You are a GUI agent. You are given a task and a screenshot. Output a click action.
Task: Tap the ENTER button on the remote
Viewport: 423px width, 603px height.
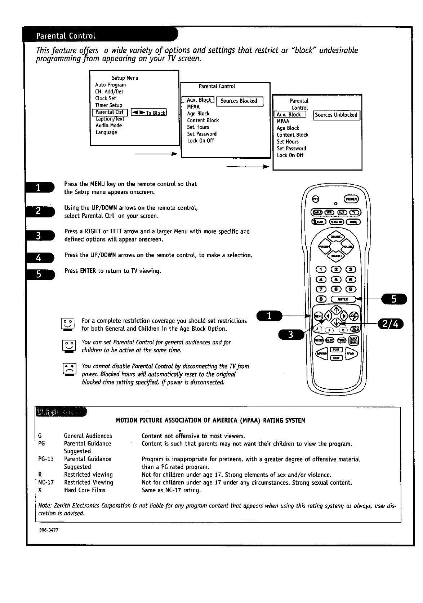coord(343,299)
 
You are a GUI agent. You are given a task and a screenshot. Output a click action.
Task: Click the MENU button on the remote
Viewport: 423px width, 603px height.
coord(318,316)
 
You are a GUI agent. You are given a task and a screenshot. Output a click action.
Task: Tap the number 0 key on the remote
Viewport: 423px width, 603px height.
coord(321,299)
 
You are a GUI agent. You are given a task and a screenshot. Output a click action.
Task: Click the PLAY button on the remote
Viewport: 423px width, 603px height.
coord(336,349)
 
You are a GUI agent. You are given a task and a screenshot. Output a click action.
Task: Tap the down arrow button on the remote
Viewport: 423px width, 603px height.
coord(336,322)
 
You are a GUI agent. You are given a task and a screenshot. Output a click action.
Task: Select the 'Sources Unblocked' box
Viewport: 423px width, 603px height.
coord(336,115)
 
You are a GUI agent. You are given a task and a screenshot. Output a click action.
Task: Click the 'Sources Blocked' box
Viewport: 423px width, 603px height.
coord(239,101)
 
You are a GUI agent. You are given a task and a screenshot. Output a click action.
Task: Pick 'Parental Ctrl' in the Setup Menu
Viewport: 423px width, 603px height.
coord(110,112)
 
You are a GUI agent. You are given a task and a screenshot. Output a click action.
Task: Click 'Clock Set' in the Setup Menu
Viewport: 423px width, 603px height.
coord(106,98)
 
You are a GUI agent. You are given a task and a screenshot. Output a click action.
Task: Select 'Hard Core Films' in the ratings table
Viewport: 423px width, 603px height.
coord(85,490)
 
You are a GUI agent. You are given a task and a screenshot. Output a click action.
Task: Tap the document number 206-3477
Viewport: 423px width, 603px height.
coord(49,529)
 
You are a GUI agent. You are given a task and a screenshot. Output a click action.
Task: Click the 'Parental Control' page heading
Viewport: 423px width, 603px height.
coord(66,36)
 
